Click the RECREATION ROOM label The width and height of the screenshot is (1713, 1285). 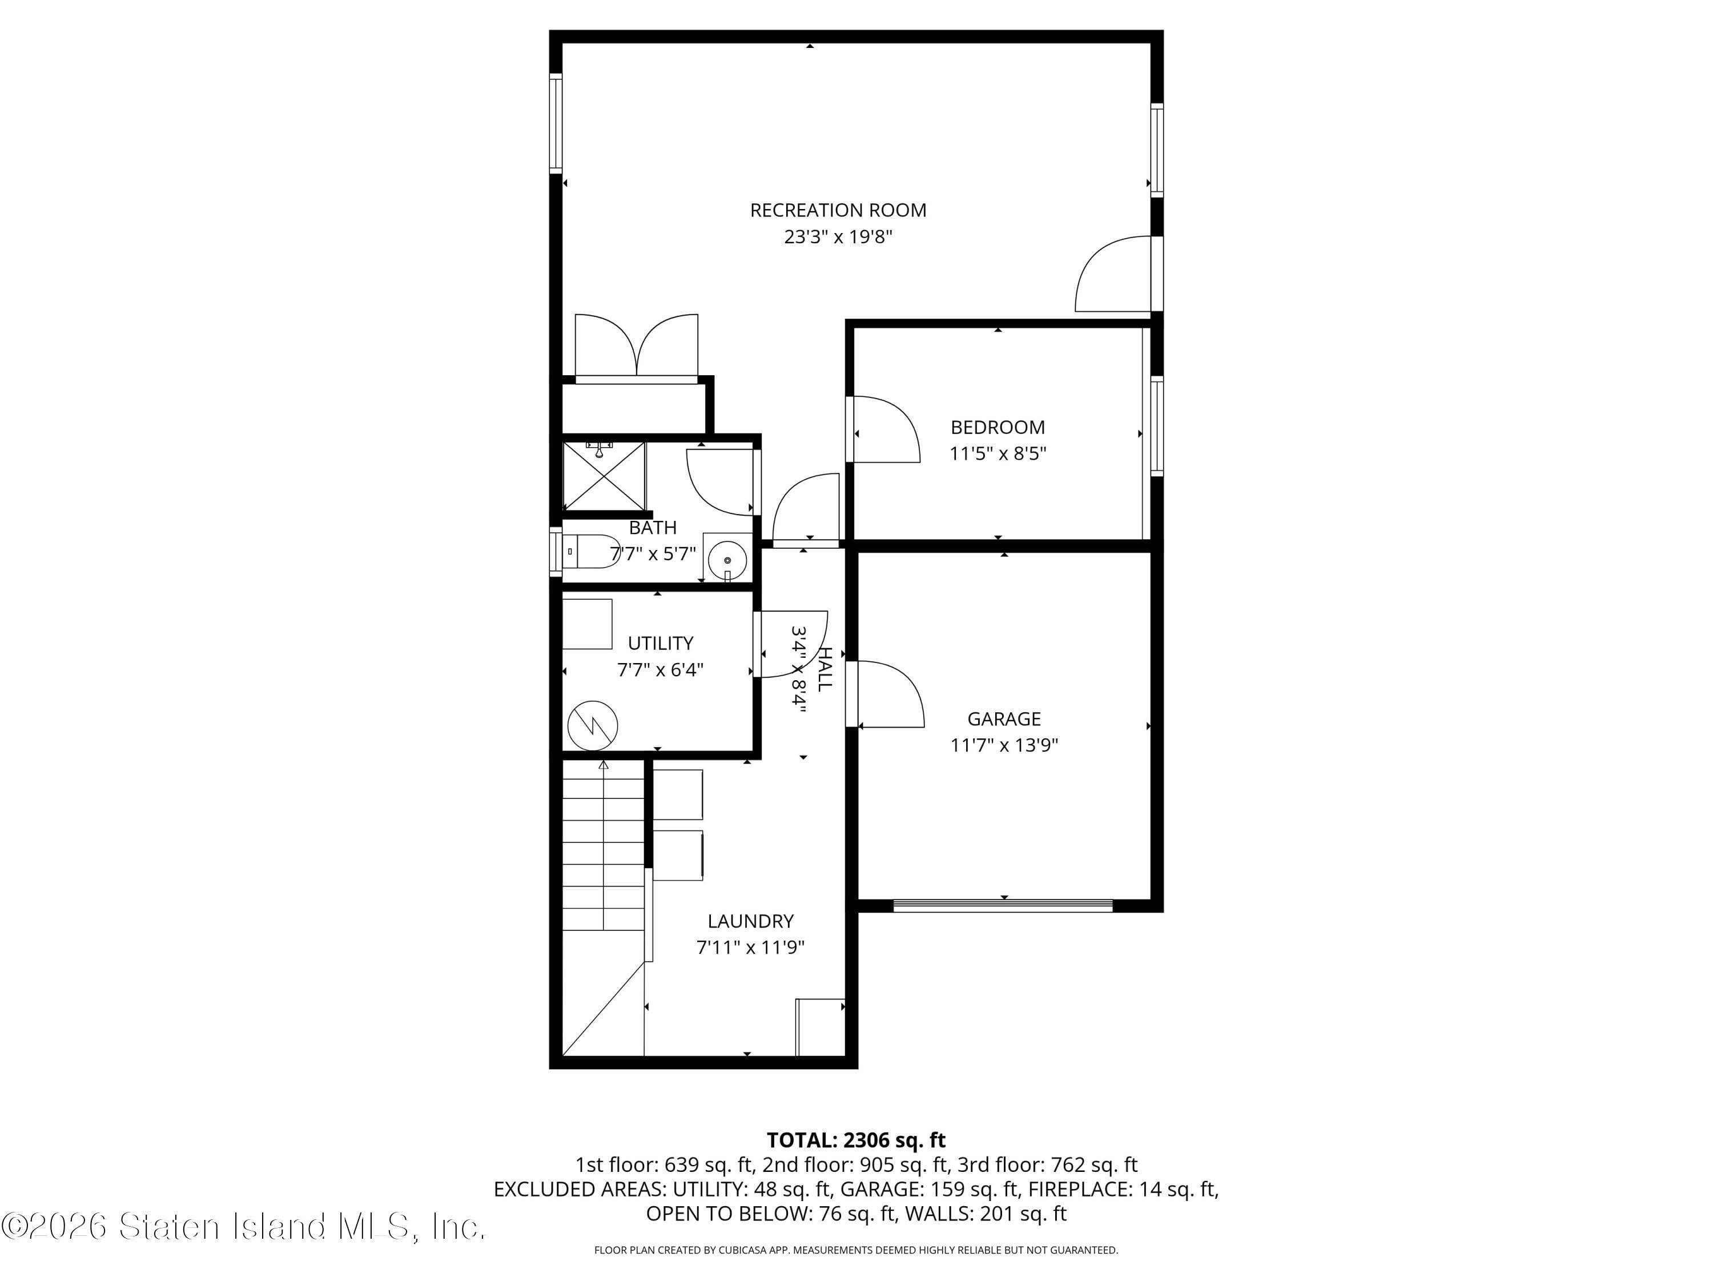point(838,210)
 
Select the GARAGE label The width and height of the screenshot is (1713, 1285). point(1004,719)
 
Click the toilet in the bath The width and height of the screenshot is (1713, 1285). point(593,552)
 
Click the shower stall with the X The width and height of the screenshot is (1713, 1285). point(604,477)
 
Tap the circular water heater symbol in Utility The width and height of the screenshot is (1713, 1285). point(593,726)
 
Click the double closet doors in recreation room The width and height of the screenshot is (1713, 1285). point(637,347)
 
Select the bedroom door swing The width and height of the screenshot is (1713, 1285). point(884,431)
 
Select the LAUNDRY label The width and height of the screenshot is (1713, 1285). point(750,921)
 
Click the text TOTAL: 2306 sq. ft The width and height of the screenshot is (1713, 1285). point(856,1140)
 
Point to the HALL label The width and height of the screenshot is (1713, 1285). point(826,669)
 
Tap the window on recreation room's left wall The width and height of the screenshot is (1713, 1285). point(555,122)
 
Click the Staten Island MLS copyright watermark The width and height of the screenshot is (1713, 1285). point(243,1227)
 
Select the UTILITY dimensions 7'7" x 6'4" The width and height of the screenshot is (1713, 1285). point(660,670)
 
